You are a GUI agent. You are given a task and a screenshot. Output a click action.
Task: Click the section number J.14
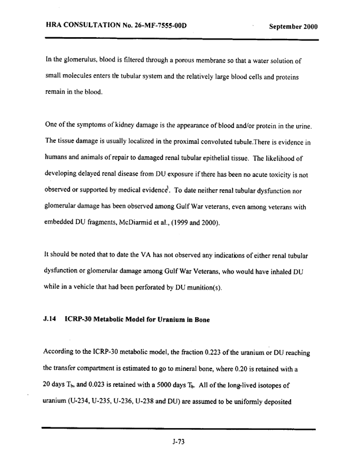coord(52,320)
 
